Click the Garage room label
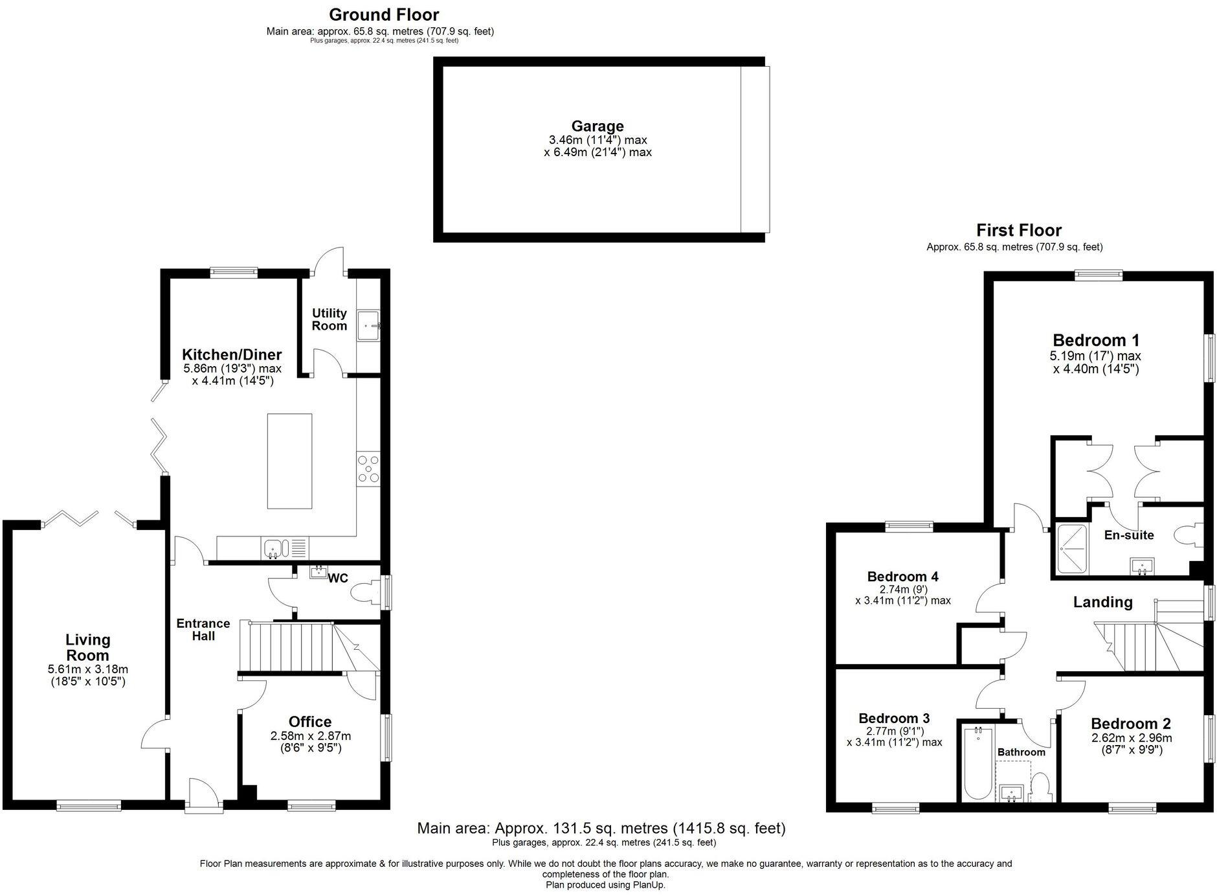pos(597,126)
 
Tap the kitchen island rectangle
pos(289,461)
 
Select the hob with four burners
pos(368,469)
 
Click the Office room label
pos(309,722)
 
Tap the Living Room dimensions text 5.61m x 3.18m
pos(87,669)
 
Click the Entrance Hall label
pos(203,629)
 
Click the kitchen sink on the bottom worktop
pos(274,549)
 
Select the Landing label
pos(1102,602)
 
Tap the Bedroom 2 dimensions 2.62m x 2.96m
pos(1131,738)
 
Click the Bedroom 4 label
pos(902,577)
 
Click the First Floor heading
pos(1018,230)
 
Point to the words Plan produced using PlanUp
pos(605,884)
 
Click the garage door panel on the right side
pos(755,149)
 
